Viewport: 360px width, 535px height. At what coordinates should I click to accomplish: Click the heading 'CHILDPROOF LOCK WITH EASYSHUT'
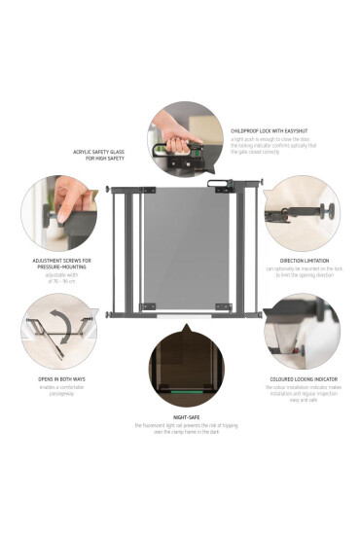coord(270,129)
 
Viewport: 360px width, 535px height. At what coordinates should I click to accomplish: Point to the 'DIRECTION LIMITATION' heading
coord(302,261)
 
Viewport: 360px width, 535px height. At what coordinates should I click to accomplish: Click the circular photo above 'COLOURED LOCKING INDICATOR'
coord(302,331)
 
